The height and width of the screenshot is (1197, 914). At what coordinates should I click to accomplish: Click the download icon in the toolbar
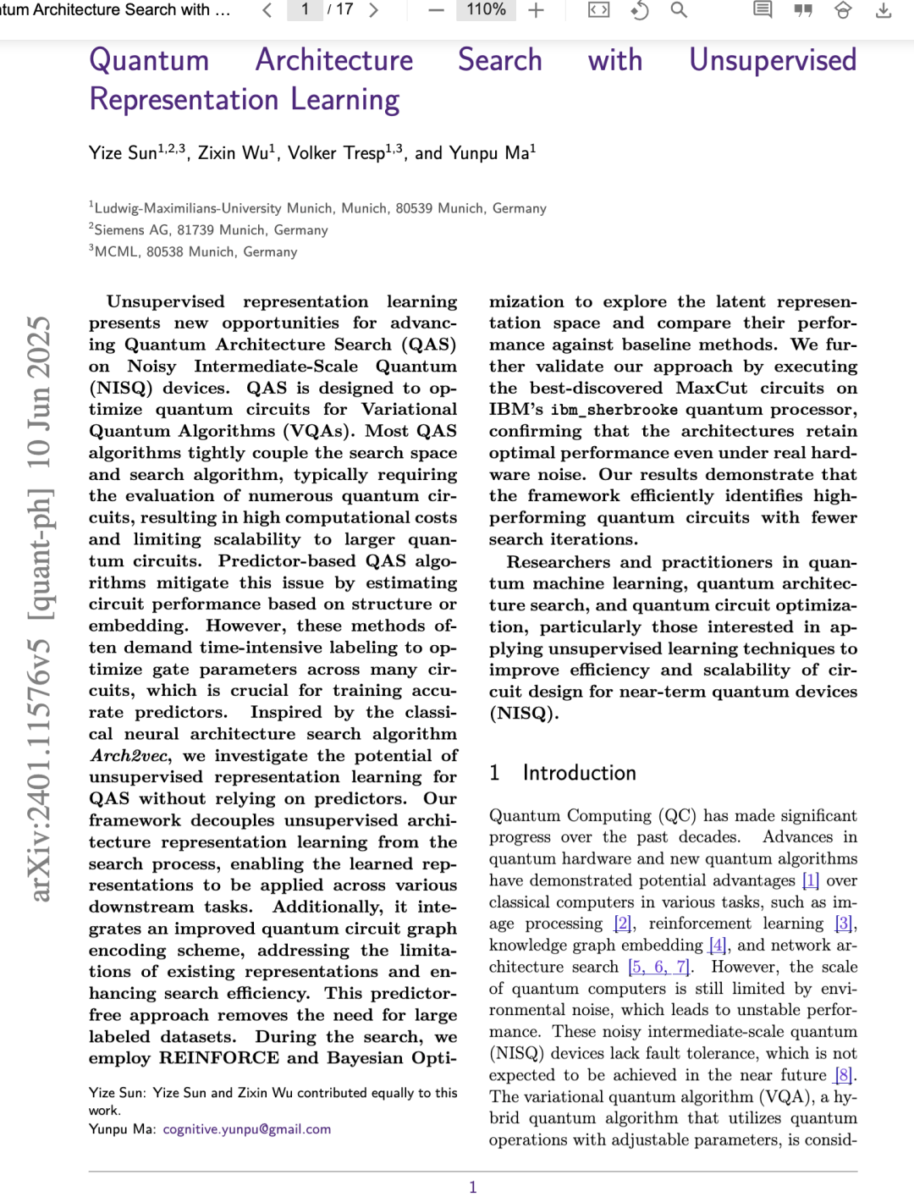(884, 10)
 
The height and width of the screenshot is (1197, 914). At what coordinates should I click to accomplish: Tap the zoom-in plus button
(536, 10)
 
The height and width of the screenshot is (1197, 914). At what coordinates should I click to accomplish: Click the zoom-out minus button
(436, 10)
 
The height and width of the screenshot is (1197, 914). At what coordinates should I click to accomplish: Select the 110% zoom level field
(486, 10)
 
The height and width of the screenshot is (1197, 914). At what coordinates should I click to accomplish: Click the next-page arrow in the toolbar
(373, 10)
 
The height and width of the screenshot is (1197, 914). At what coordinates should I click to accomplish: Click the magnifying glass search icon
(679, 10)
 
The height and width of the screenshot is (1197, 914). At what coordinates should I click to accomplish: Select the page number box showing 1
(305, 10)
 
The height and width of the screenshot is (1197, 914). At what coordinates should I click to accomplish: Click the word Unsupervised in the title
(772, 60)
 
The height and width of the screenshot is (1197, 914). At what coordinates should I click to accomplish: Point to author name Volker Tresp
(336, 153)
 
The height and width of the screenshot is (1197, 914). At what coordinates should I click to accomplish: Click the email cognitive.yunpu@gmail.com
(246, 1129)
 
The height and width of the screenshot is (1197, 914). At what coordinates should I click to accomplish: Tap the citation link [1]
(810, 880)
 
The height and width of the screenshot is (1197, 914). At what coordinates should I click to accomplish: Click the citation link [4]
(718, 946)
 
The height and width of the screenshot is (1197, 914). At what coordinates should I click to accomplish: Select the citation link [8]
(843, 1075)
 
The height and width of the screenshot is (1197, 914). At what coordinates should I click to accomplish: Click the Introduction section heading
(579, 773)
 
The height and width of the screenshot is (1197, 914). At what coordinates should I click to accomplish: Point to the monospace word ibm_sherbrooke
(614, 410)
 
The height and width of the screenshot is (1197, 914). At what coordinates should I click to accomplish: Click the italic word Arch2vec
(130, 756)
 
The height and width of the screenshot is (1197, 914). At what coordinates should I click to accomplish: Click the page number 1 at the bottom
(473, 1187)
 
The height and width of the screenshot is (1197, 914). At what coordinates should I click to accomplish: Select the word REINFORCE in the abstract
(218, 1058)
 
